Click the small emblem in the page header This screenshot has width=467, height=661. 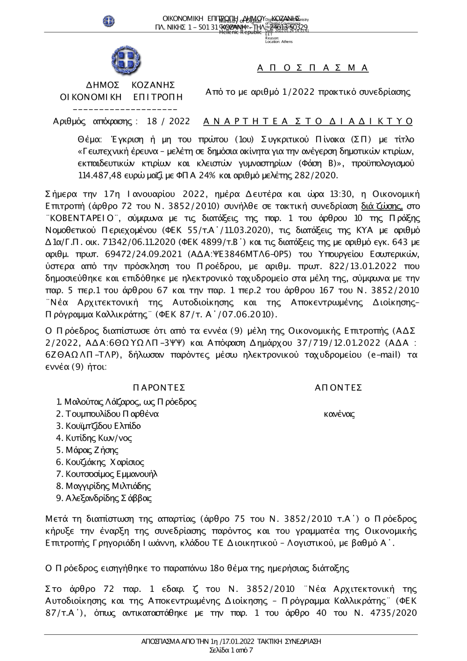click(x=109, y=21)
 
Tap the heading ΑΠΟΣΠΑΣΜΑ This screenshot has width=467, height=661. click(x=313, y=68)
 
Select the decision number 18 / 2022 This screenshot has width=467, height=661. click(x=168, y=121)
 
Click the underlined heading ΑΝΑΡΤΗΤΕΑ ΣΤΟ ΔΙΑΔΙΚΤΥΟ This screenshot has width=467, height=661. click(x=309, y=121)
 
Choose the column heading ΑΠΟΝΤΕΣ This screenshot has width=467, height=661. click(x=339, y=388)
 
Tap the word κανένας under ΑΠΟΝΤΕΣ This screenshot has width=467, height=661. click(x=339, y=414)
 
